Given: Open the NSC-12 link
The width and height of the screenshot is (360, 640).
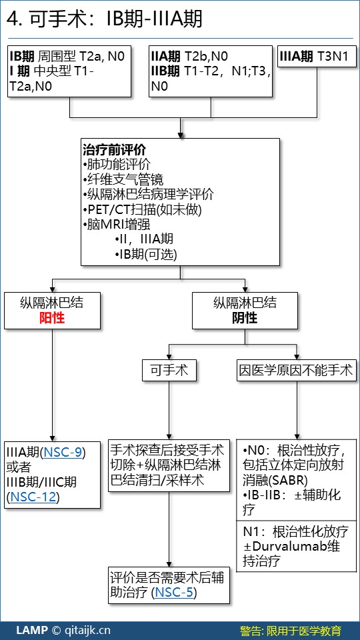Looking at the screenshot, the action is click(x=33, y=497).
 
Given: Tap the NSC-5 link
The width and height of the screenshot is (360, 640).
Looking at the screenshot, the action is click(x=174, y=593).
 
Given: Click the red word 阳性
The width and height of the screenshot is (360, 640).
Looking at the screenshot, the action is click(x=52, y=318).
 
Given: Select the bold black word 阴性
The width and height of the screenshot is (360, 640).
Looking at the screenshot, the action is click(x=245, y=318).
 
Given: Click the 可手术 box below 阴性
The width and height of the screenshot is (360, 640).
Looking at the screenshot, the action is click(x=169, y=370).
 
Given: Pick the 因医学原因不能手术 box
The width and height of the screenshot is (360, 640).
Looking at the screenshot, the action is click(x=297, y=370).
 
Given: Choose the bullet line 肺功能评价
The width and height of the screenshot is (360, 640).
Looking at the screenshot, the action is click(x=116, y=165).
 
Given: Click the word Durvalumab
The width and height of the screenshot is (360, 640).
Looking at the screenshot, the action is click(x=291, y=546).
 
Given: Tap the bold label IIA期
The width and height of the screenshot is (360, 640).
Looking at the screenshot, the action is click(x=166, y=56).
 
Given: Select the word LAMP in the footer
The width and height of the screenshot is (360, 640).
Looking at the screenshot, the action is click(x=32, y=630).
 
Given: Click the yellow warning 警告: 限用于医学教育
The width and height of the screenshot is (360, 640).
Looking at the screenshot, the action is click(x=290, y=630).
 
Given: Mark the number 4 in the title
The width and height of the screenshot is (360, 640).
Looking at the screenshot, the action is click(x=12, y=19).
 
